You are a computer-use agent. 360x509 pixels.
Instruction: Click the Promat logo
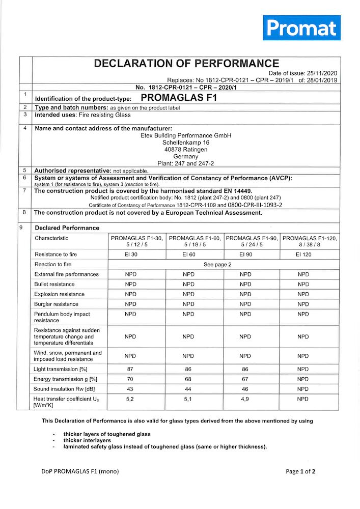point(301,28)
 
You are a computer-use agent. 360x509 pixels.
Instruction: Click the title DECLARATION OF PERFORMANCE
point(186,64)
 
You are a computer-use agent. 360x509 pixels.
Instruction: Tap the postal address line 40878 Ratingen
point(186,150)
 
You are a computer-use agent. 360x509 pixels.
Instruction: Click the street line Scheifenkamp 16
point(186,143)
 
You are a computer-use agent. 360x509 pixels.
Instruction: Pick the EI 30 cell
point(130,254)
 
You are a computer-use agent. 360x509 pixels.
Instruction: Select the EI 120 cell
point(303,254)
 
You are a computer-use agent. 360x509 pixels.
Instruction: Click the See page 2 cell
point(217,264)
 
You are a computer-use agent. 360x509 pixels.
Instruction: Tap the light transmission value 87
point(130,369)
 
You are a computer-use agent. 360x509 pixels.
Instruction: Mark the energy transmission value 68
point(188,379)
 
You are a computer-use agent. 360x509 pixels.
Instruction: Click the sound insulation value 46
point(245,389)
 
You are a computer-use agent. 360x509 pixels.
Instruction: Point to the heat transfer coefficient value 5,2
point(130,399)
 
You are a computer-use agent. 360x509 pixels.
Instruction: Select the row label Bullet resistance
point(54,284)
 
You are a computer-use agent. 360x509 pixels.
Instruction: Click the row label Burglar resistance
point(56,304)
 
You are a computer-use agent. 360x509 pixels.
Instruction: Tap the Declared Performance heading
point(67,228)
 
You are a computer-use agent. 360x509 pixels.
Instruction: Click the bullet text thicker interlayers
point(87,440)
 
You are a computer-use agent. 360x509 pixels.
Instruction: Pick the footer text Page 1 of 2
point(300,471)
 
